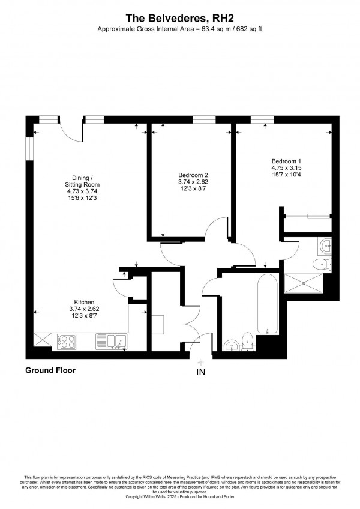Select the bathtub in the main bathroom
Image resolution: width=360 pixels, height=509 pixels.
(267, 306)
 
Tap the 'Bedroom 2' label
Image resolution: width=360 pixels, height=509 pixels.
(193, 175)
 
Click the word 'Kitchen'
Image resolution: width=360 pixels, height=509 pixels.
(83, 302)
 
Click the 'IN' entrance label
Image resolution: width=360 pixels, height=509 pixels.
(200, 372)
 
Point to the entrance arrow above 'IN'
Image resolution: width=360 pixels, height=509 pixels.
(200, 361)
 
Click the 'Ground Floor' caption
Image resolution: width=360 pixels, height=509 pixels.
(50, 370)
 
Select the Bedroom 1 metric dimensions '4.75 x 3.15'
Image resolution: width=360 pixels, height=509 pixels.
(286, 168)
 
